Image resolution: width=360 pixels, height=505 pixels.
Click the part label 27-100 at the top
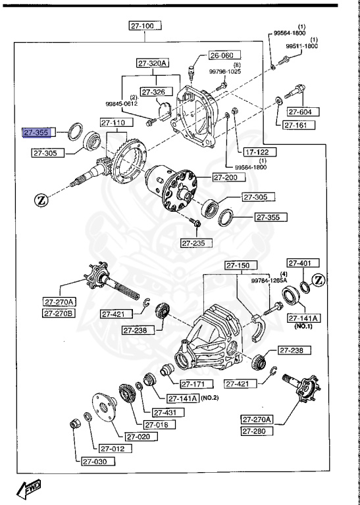[x=143, y=26]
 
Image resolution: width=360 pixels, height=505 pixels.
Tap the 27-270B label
[x=61, y=313]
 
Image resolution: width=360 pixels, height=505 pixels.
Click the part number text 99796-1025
[x=226, y=71]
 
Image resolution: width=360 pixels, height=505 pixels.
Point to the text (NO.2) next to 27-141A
[x=213, y=398]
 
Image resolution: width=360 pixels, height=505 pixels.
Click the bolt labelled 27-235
[x=196, y=226]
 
